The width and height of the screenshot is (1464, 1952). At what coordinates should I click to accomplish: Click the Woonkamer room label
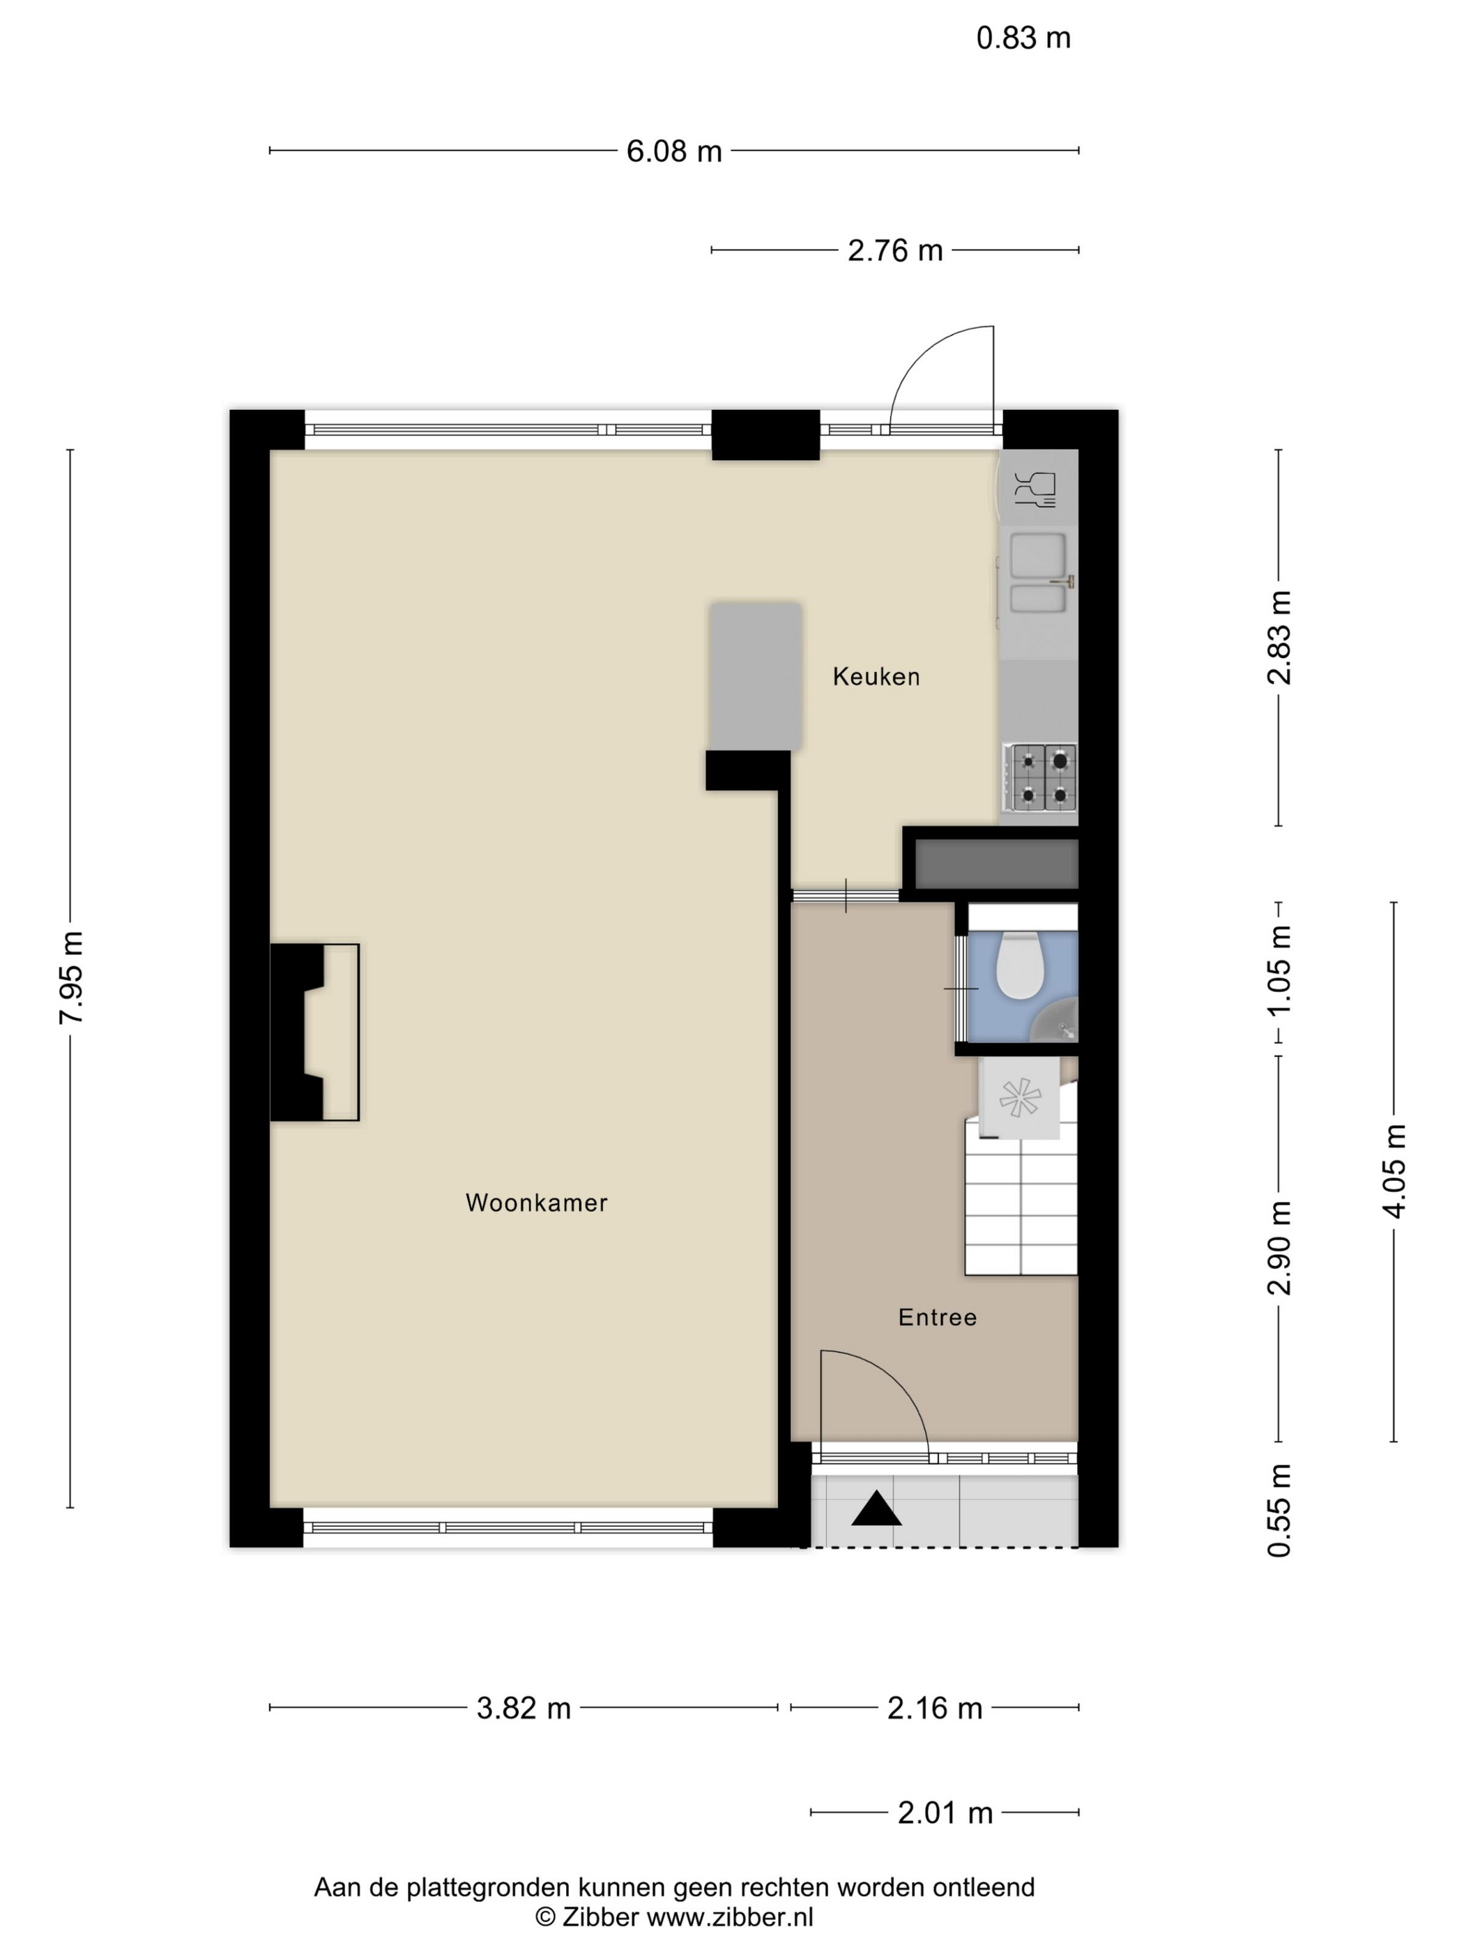pyautogui.click(x=537, y=1203)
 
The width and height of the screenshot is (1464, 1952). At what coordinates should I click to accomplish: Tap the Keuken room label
pyautogui.click(x=876, y=677)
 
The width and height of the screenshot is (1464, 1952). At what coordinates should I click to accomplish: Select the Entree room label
pyautogui.click(x=937, y=1318)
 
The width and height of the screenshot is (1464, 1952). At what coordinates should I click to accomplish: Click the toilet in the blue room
pyautogui.click(x=1020, y=966)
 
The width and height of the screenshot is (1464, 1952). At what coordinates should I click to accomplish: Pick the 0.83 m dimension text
pyautogui.click(x=1023, y=38)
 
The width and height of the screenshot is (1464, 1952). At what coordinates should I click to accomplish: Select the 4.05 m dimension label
pyautogui.click(x=1394, y=1172)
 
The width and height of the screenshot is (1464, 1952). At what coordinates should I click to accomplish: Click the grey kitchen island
pyautogui.click(x=756, y=677)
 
